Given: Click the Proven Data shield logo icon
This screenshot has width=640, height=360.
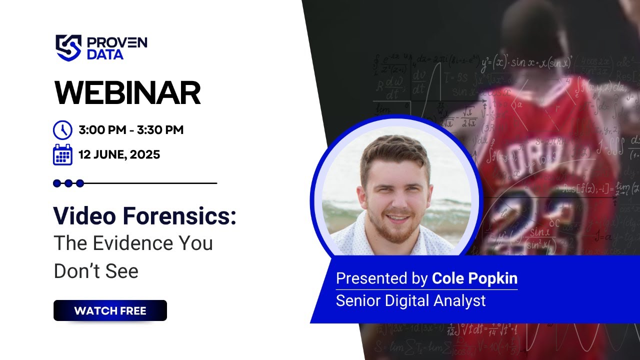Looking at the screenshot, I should pos(68,47).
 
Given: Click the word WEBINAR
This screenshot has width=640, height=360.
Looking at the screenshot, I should pos(127,93).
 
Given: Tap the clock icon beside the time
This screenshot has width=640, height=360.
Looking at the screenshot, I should pos(62,130).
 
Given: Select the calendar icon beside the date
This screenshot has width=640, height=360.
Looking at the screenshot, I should pos(62,154).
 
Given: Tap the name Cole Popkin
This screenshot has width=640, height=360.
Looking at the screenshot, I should pos(474,278).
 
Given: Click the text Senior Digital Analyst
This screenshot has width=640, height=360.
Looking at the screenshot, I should pos(410,300).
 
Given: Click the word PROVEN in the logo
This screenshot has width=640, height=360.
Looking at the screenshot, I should pos(117,42).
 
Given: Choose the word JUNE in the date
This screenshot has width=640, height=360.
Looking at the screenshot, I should pos(110,154).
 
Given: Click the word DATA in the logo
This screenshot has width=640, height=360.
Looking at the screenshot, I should pos(105,54).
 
